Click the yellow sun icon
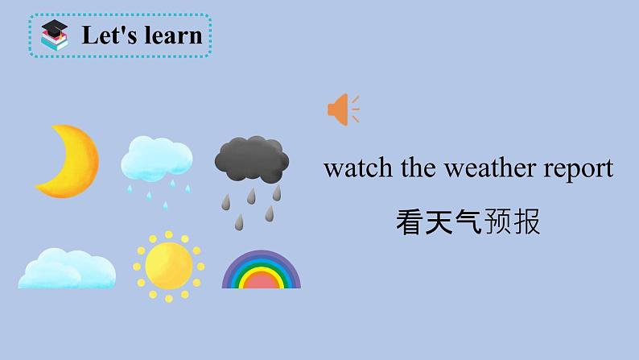pos(168,265)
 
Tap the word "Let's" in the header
pos(103,35)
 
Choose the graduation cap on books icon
pos(56,36)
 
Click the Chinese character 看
pos(410,221)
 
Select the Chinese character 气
pos(468,221)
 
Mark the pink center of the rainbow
pos(261,281)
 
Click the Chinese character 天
pos(439,221)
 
